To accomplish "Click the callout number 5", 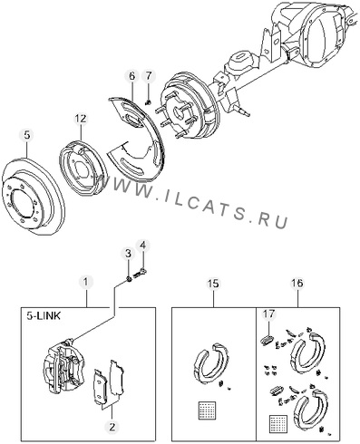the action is pos(27,135).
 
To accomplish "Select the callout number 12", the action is pos(81,119).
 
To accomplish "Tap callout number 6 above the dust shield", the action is pos(131,76).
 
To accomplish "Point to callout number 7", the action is pos(148,76).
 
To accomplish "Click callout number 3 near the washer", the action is pos(128,254).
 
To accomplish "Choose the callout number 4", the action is pos(142,246).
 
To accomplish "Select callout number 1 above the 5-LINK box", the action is pos(86,282).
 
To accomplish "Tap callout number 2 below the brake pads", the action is pos(112,427).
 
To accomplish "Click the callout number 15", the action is pos(213,284).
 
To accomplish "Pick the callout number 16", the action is pos(297,283).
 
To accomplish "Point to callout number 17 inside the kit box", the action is pos(268,314).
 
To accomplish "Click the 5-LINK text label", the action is pos(44,316).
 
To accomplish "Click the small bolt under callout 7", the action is pos(148,102).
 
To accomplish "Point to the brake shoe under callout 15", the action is pos(210,363).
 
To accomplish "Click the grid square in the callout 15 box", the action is pos(207,410).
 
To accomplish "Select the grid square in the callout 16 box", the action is pos(277,423).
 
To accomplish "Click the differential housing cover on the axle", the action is pos(325,43).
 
